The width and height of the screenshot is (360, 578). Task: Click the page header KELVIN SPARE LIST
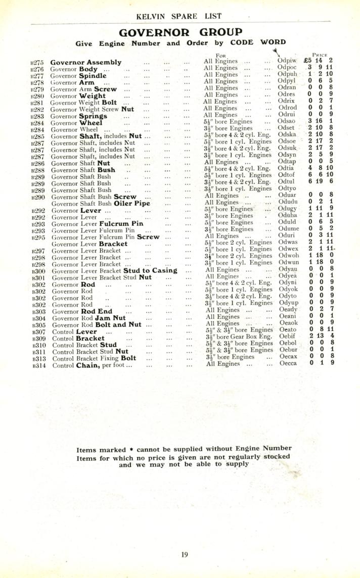coord(179,16)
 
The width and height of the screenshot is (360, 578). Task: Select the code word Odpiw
coord(287,61)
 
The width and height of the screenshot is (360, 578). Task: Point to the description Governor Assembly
coord(86,63)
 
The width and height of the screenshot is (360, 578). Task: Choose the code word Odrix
coord(287,102)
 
